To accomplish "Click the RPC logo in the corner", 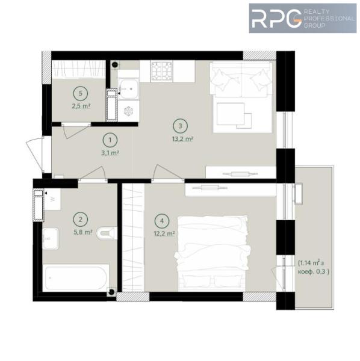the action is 303,19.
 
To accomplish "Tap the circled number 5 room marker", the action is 81,93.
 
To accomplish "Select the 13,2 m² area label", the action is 182,139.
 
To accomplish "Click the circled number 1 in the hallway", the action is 110,140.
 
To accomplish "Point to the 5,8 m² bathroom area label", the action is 83,232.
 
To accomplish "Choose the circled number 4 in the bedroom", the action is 162,221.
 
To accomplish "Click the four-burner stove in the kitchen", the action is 162,71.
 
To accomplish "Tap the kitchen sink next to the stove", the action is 128,89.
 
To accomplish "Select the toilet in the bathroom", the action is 107,233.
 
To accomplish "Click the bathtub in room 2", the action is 76,278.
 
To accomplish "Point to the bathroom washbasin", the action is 51,239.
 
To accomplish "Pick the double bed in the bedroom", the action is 212,253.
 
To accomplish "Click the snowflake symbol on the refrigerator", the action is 128,111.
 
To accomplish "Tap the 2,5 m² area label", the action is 81,106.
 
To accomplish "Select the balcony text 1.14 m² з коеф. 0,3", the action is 314,267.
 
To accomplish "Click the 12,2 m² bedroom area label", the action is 164,233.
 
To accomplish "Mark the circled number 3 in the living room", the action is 181,126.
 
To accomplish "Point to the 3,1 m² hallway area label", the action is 110,153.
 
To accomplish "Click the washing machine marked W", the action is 52,199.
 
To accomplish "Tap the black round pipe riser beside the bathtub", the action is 112,292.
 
